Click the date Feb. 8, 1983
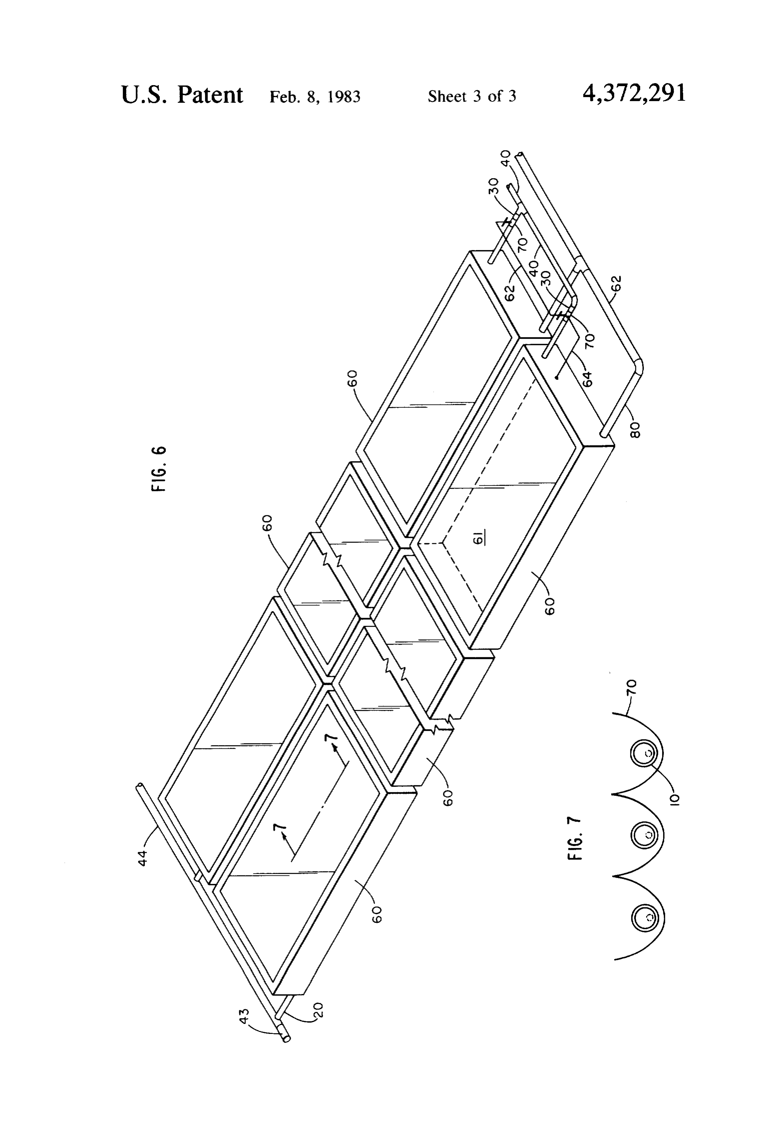coord(315,96)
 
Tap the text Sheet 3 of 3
coord(472,96)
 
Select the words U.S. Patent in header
coord(182,94)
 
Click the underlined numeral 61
coord(479,538)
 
